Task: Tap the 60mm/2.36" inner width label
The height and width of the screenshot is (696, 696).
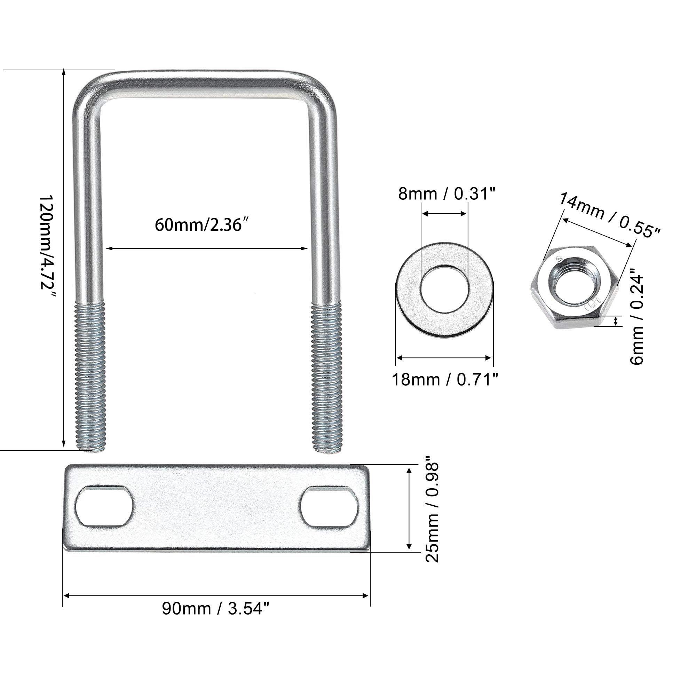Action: pyautogui.click(x=203, y=226)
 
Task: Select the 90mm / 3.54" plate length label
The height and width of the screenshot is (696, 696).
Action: pyautogui.click(x=215, y=609)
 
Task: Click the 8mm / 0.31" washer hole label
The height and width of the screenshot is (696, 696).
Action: pyautogui.click(x=447, y=194)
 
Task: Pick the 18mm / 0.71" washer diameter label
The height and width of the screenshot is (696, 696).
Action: pyautogui.click(x=445, y=380)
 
